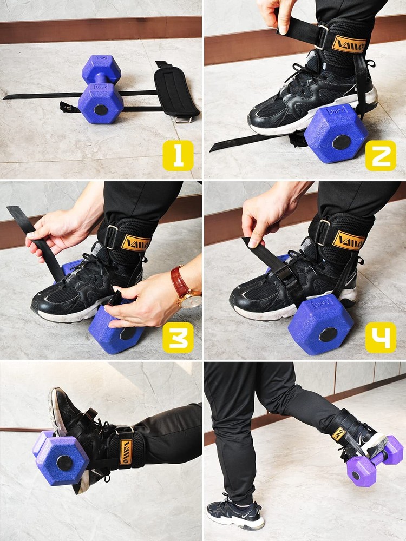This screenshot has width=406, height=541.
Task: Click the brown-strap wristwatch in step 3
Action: click(x=184, y=289)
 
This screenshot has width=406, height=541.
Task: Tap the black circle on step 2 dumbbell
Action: click(x=341, y=142)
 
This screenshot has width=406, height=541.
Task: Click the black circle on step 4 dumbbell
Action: click(x=328, y=334)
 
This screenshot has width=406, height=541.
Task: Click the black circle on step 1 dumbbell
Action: click(x=101, y=110)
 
